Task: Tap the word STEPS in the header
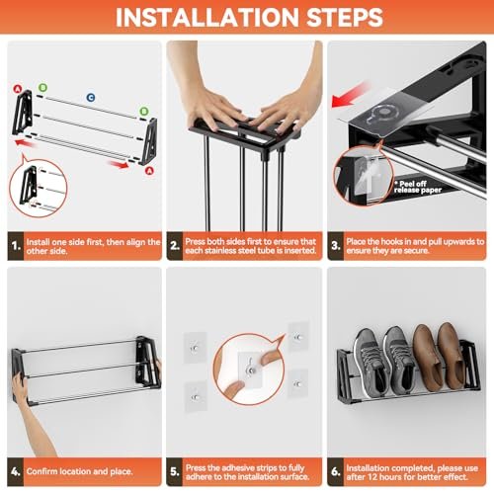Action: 345,17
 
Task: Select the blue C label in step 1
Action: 91,98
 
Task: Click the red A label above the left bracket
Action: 18,89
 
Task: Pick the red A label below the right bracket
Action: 149,171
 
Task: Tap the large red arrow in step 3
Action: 350,95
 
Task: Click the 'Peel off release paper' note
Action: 418,187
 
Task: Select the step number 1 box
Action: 16,246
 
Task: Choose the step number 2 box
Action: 175,246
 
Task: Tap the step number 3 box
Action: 336,246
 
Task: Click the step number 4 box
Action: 16,471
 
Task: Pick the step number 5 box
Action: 175,471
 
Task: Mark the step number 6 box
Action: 336,471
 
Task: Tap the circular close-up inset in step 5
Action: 249,369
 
